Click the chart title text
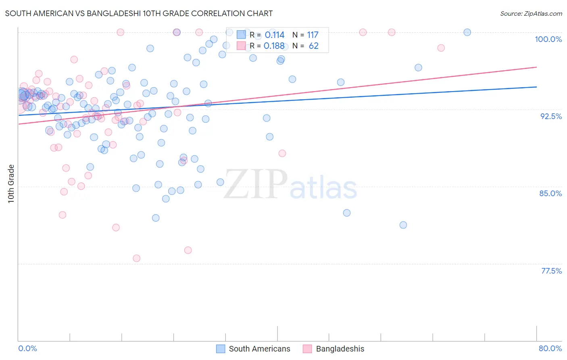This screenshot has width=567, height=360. point(139,13)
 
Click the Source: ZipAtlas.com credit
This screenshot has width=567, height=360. point(531,13)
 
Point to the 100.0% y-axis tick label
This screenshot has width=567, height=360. point(548,39)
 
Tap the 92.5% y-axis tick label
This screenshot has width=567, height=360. point(551,116)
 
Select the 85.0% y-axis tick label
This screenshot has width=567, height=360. point(550,193)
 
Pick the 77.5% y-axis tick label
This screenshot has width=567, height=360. point(551,271)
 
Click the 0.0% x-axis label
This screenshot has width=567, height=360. point(27,348)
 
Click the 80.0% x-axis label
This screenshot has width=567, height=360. point(550,348)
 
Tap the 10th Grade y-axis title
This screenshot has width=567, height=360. point(11,184)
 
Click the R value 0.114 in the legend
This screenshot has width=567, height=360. point(274,35)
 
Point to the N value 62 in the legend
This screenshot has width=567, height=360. point(313,46)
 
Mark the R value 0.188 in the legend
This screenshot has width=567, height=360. point(274,46)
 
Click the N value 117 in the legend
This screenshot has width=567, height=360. point(313,35)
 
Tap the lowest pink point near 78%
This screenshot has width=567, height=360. point(136,258)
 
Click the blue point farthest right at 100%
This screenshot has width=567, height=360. point(467,32)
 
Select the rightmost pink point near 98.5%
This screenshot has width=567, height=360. point(441,48)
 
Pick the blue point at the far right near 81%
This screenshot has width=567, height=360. point(403,225)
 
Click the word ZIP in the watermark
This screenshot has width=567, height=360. point(255,184)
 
